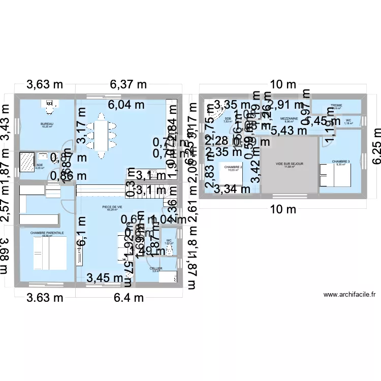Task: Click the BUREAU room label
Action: (48, 124)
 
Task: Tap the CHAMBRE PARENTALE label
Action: (47, 233)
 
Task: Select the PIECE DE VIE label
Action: (112, 207)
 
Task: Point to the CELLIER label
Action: (156, 268)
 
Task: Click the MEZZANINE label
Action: (288, 119)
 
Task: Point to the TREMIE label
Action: (336, 106)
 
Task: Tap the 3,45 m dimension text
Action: (105, 277)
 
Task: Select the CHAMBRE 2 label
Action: (232, 167)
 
